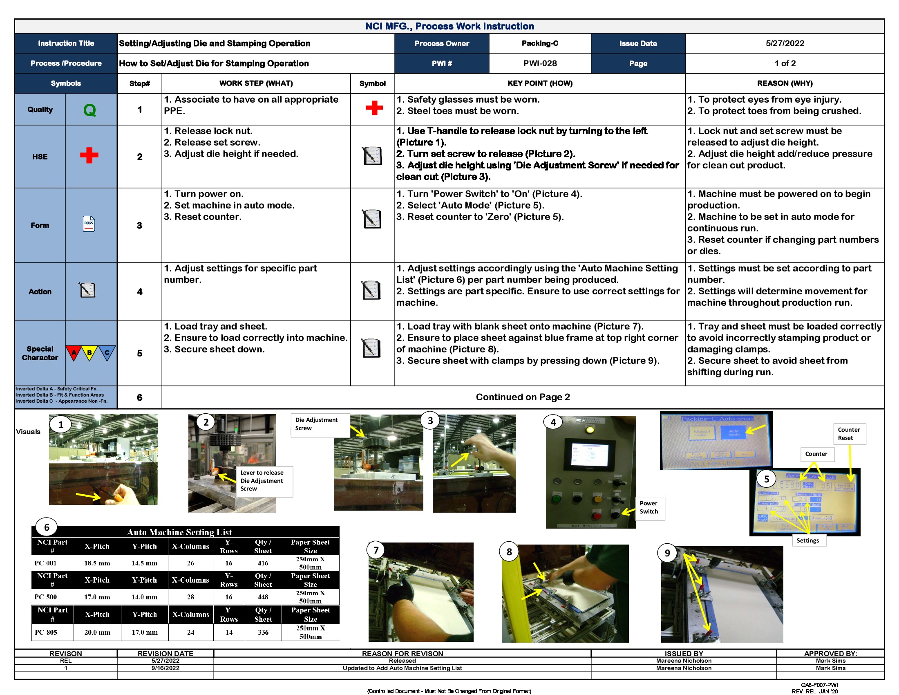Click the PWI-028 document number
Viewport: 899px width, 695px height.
[540, 63]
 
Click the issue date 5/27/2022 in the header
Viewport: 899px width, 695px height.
[785, 43]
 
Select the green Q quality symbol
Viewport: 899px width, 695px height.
[90, 110]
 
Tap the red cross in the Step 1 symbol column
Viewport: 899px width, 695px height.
[374, 108]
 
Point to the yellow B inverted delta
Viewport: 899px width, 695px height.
[89, 353]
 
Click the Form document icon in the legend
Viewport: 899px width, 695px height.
[89, 224]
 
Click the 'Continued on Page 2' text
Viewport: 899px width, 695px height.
[522, 397]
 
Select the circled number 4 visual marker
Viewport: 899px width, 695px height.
[553, 422]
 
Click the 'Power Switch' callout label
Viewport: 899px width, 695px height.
[649, 507]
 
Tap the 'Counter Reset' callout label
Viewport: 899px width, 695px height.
[849, 433]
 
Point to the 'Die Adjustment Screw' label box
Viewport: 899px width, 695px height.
[316, 424]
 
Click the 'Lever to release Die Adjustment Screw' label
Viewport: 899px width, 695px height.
[262, 480]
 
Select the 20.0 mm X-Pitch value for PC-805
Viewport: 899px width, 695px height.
[97, 632]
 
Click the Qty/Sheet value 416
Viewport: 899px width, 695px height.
[263, 563]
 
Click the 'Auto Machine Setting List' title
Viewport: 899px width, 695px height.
[179, 532]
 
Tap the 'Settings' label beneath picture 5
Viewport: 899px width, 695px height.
[807, 540]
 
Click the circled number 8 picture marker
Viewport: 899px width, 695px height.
[509, 552]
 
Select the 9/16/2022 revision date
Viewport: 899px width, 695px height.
[165, 668]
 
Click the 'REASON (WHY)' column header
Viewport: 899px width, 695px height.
[785, 83]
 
